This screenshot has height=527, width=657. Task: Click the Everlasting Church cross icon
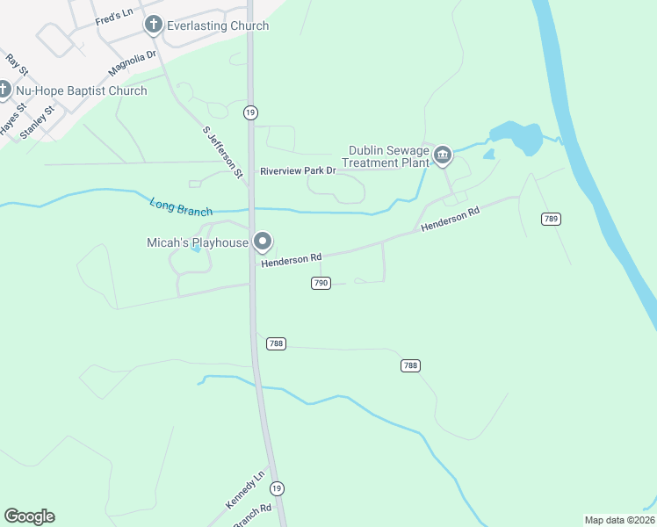pyautogui.click(x=154, y=25)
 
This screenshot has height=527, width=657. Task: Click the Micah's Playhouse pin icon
pyautogui.click(x=262, y=242)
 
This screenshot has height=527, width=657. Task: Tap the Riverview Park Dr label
pyautogui.click(x=298, y=170)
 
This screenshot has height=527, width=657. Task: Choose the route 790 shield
pyautogui.click(x=321, y=282)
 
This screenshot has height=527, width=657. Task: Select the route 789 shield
pyautogui.click(x=551, y=219)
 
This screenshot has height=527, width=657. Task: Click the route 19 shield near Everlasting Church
pyautogui.click(x=251, y=112)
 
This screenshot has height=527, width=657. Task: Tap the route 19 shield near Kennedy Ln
pyautogui.click(x=278, y=487)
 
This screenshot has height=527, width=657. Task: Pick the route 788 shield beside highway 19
pyautogui.click(x=276, y=344)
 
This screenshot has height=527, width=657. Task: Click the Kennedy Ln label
pyautogui.click(x=245, y=490)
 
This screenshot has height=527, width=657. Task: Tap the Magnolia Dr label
pyautogui.click(x=132, y=62)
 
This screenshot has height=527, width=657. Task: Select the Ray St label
pyautogui.click(x=17, y=63)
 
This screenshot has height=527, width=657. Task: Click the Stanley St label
pyautogui.click(x=37, y=121)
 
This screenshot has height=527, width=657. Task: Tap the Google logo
pyautogui.click(x=29, y=516)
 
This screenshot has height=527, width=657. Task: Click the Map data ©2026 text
pyautogui.click(x=619, y=520)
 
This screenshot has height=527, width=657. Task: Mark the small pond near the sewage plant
pyautogui.click(x=488, y=154)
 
